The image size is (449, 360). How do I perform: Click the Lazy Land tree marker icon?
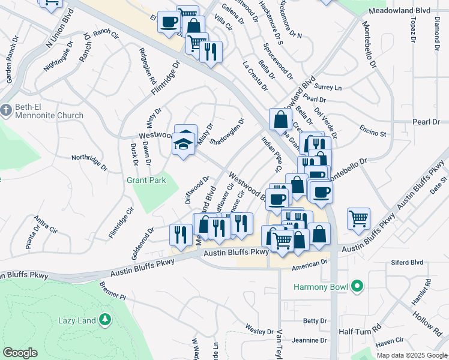pos(105,320)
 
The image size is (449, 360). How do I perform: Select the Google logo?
pos(20,353)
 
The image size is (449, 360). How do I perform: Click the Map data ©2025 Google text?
pos(411,355)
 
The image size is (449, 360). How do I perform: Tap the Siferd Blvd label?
pos(408,262)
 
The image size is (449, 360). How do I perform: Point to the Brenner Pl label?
pos(112,293)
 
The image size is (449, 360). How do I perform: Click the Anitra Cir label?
pos(46,225)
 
